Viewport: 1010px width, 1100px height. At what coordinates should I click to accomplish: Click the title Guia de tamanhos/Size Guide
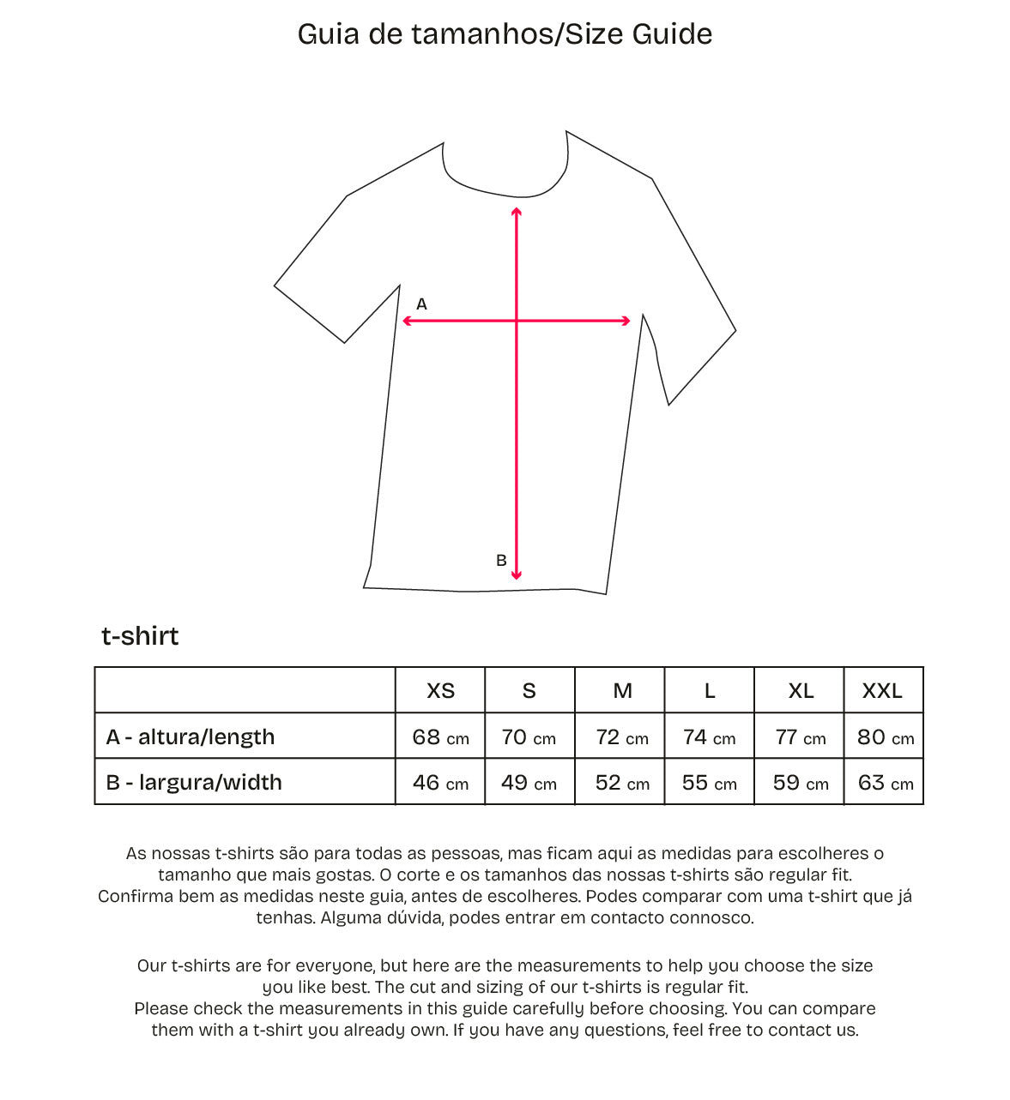(x=505, y=34)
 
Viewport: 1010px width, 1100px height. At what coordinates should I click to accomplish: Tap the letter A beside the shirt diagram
(x=421, y=304)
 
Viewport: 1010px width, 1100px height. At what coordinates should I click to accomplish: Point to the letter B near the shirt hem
(x=501, y=561)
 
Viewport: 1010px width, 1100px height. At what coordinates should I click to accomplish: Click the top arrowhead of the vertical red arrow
(x=516, y=211)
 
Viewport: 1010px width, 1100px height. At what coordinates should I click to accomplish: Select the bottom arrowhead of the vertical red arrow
(x=517, y=575)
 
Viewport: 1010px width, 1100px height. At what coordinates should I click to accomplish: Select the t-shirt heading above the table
(x=140, y=636)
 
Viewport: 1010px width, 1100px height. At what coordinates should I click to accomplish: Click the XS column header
(x=440, y=691)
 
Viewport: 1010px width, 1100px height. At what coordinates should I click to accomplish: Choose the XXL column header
(x=882, y=691)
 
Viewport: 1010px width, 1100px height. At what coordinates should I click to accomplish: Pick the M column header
(x=622, y=691)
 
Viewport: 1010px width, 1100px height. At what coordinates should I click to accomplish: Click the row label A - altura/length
(x=191, y=737)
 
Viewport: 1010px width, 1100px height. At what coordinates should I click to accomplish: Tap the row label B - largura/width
(x=194, y=783)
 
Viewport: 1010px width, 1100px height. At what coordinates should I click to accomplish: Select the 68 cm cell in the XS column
(x=440, y=737)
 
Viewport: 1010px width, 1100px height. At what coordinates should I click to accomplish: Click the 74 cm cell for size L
(x=709, y=737)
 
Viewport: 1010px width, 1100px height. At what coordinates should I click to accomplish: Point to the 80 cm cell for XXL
(x=885, y=737)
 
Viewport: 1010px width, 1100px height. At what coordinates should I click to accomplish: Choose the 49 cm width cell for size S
(x=529, y=783)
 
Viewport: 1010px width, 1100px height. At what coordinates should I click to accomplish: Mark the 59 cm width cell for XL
(x=800, y=783)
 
